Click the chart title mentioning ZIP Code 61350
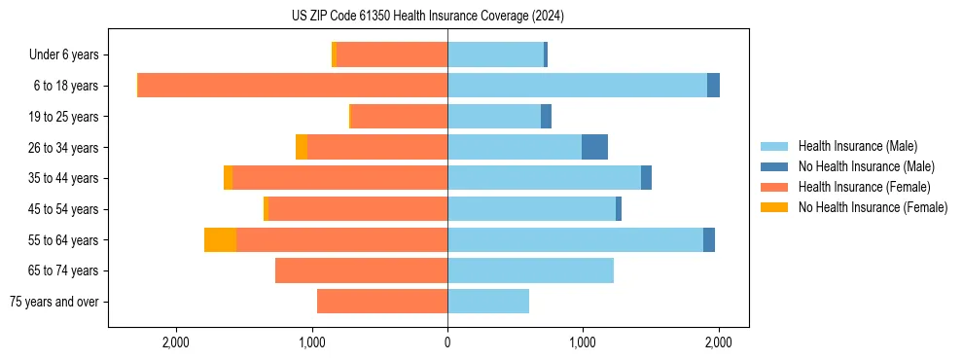(428, 17)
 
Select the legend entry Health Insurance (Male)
(857, 146)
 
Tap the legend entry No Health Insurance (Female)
(873, 207)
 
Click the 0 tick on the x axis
(447, 342)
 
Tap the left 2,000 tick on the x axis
(176, 342)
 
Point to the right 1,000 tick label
(583, 342)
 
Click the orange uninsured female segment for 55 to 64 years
(220, 239)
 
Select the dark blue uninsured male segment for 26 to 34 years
(594, 147)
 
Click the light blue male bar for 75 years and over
(488, 302)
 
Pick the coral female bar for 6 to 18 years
(292, 86)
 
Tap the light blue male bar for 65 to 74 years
(530, 270)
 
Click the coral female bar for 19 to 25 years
(399, 117)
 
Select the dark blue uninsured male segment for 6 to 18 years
(713, 86)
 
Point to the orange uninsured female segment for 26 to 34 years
(302, 147)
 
